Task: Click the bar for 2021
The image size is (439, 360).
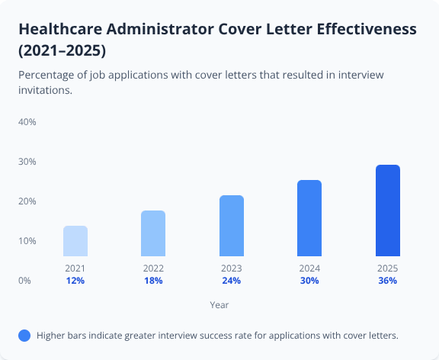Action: [x=75, y=241]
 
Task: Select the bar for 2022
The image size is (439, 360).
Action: [x=153, y=233]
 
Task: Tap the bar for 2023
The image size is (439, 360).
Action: [x=232, y=226]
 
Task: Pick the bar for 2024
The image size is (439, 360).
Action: [x=309, y=218]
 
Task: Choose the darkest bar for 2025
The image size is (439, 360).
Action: [x=387, y=211]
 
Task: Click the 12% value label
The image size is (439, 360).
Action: [x=75, y=281]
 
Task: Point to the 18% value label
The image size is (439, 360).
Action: [x=153, y=281]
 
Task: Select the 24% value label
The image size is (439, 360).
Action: [x=232, y=281]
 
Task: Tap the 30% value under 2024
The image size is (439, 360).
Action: [x=309, y=281]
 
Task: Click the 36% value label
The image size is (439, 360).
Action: [x=387, y=281]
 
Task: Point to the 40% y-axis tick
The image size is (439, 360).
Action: [x=27, y=122]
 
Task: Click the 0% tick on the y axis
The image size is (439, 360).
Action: [x=24, y=281]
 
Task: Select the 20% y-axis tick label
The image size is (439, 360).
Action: [x=27, y=201]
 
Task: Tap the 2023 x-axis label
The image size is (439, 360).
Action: [x=232, y=268]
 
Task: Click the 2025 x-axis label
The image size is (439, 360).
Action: [x=387, y=268]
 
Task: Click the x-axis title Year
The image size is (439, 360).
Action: [x=219, y=304]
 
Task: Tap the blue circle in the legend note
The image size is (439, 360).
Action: [x=24, y=336]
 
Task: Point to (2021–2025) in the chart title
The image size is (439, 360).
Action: [x=62, y=52]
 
